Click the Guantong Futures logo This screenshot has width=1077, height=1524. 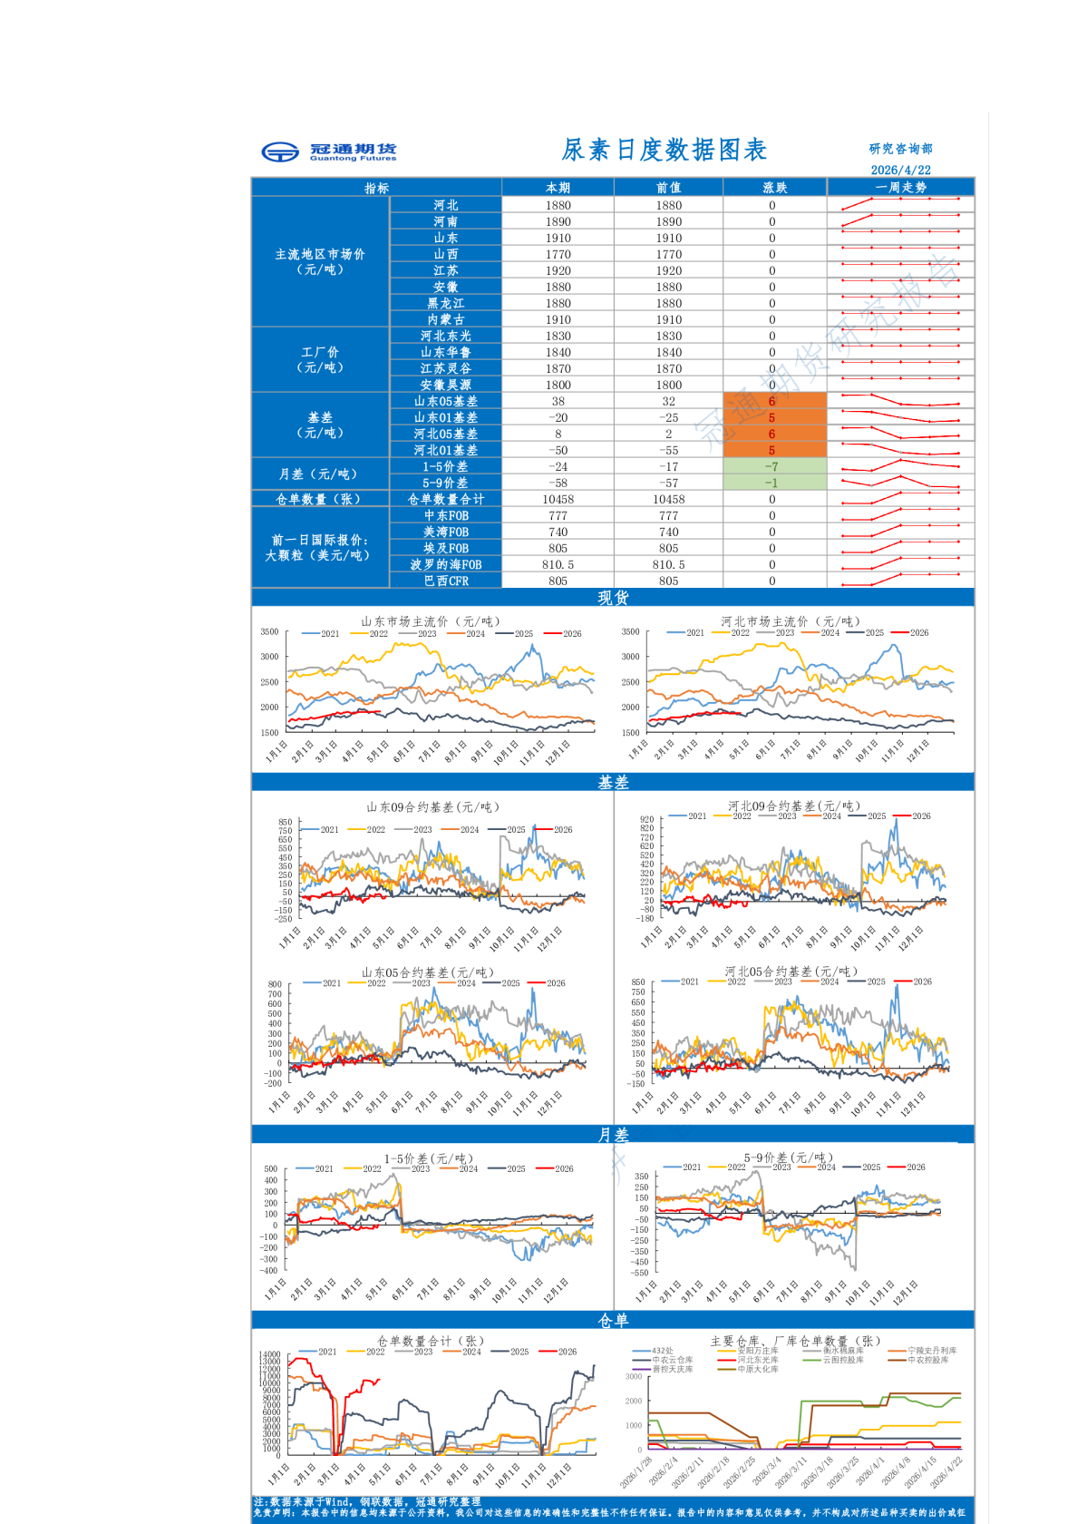[328, 151]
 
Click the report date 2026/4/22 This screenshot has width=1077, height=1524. [900, 170]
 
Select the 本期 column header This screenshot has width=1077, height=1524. [558, 188]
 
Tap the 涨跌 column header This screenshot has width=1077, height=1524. [774, 188]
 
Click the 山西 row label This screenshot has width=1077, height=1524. [445, 255]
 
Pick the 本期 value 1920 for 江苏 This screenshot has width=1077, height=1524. [558, 271]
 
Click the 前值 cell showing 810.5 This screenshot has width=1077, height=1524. [668, 565]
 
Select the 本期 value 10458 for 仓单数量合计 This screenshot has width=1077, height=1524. [558, 500]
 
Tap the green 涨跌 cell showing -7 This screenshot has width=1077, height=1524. [771, 467]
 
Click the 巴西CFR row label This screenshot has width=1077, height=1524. [445, 581]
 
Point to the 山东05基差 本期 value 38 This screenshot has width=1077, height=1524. [558, 402]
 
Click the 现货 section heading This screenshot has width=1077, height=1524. [613, 598]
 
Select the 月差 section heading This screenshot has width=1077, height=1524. [613, 1135]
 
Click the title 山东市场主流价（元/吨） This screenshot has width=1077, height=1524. [430, 621]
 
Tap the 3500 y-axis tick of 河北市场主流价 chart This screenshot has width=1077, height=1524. [630, 632]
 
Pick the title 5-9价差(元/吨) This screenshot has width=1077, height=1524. [788, 1158]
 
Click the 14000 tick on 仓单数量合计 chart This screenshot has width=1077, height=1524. [269, 1354]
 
